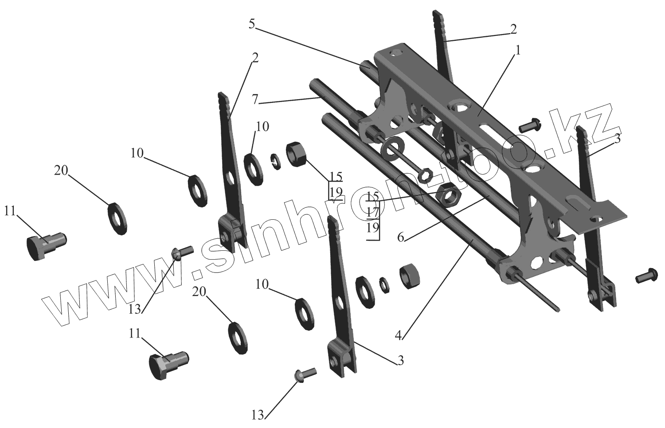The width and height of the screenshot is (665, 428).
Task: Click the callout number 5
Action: (x=251, y=24)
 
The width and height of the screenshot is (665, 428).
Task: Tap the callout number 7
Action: (x=254, y=100)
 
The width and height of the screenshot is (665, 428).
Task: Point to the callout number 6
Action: (x=401, y=238)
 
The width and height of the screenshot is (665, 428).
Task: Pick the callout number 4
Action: (x=399, y=335)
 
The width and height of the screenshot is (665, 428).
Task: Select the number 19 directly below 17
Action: (x=373, y=228)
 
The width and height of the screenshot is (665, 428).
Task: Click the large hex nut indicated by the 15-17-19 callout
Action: (x=448, y=194)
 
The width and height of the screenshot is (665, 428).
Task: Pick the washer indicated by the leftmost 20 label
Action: (x=118, y=218)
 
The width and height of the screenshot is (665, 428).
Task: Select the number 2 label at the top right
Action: (x=513, y=29)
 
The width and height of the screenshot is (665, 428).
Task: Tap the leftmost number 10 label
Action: (x=137, y=153)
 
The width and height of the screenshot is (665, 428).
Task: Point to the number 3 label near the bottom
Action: (x=400, y=360)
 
